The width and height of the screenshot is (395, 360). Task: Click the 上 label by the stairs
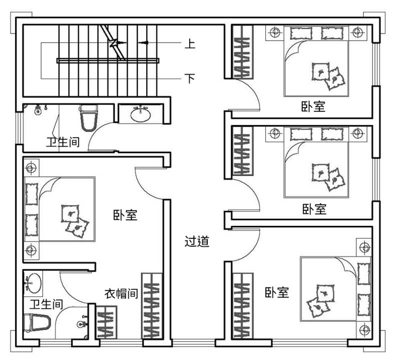(190, 44)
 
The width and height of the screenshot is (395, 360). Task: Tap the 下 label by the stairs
(190, 78)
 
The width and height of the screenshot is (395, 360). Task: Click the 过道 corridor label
(197, 241)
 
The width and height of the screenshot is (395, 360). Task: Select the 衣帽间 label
(122, 294)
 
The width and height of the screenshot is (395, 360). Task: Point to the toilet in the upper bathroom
(89, 118)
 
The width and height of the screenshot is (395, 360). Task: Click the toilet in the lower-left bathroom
(37, 322)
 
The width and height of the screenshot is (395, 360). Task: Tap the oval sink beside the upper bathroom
(141, 114)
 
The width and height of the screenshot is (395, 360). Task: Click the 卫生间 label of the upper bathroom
(63, 142)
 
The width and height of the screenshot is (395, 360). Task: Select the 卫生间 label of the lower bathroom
(47, 304)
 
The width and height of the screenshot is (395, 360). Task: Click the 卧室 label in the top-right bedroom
(313, 107)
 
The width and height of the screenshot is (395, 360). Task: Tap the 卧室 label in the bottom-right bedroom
(277, 292)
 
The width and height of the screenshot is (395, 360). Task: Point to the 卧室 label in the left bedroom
(125, 215)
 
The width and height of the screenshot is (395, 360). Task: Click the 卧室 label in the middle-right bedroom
(314, 209)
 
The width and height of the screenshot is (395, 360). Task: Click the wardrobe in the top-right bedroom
(242, 52)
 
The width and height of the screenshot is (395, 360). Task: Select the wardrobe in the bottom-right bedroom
(242, 306)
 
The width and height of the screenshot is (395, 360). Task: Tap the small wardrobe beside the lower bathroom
(107, 322)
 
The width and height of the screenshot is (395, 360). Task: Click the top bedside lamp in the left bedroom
(31, 168)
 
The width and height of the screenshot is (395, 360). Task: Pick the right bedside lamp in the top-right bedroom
(357, 32)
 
